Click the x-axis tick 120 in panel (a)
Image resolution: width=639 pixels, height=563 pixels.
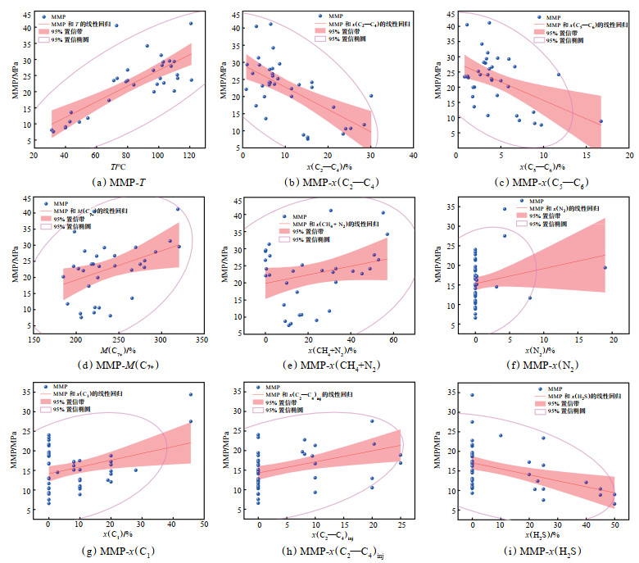(x=189, y=156)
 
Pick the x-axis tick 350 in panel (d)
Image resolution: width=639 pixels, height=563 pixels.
(x=202, y=342)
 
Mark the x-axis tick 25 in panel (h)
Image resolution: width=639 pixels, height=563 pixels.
(x=401, y=528)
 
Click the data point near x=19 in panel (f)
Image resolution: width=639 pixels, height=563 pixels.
(x=605, y=267)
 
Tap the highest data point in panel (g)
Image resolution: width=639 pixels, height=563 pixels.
(x=191, y=394)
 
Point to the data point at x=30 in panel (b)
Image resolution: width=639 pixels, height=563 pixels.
(x=370, y=96)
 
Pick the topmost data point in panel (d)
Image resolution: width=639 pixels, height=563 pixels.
(x=178, y=209)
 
